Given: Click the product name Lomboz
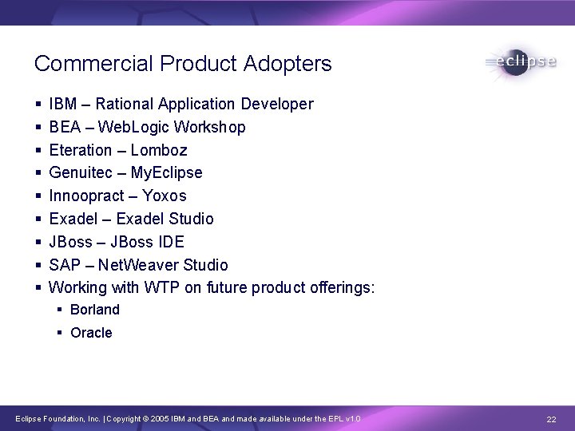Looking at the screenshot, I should click(x=159, y=150).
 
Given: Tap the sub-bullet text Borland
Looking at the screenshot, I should click(x=95, y=310).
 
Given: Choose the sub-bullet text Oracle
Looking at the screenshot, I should click(x=92, y=333).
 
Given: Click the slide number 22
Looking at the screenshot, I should click(x=551, y=419).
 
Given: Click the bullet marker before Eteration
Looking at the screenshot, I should click(x=38, y=150).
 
